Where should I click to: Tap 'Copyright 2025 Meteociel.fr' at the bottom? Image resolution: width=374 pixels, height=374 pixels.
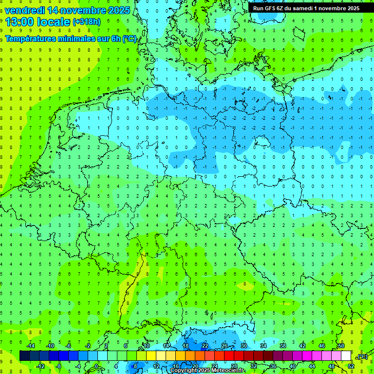(x=207, y=371)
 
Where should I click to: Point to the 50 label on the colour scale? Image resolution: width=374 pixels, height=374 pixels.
(x=341, y=346)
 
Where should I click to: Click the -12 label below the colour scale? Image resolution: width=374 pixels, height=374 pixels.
(x=40, y=366)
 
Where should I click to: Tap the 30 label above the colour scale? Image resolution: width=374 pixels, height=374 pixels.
(x=243, y=346)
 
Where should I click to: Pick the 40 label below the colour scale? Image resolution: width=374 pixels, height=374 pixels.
(x=293, y=366)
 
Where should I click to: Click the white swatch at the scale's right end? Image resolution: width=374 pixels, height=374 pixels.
(x=346, y=356)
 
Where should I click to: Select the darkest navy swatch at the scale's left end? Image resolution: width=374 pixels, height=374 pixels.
(x=24, y=356)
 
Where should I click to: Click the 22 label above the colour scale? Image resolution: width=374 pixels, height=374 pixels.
(x=205, y=346)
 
